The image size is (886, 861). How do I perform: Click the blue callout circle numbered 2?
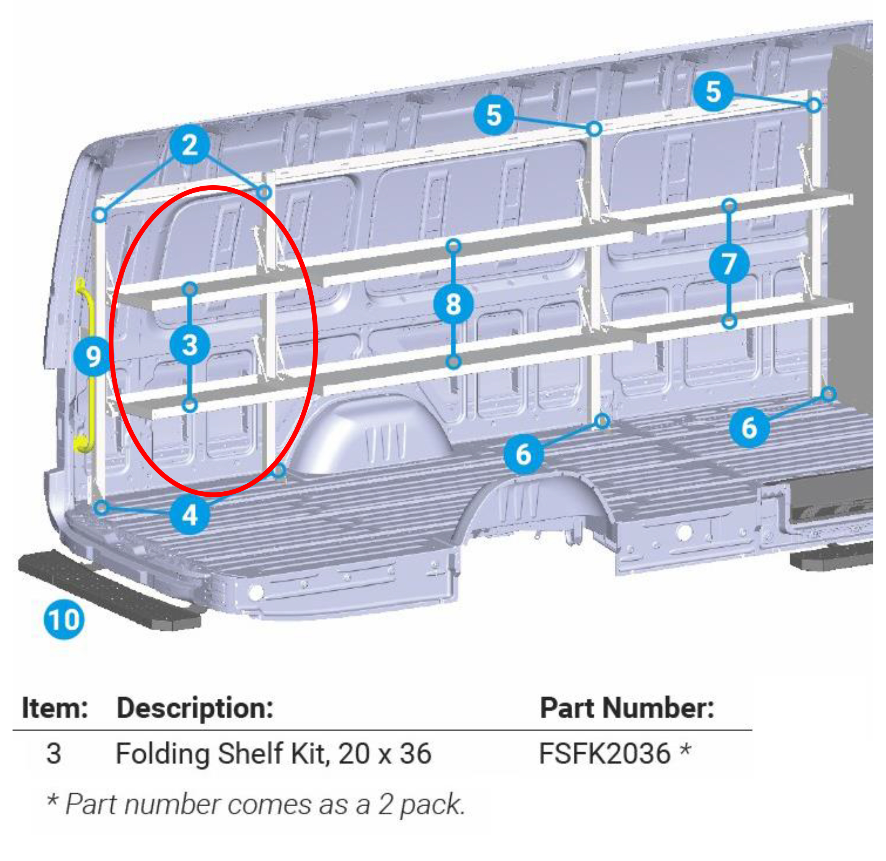(189, 145)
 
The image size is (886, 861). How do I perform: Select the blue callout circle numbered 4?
(189, 515)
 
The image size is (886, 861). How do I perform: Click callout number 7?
(729, 264)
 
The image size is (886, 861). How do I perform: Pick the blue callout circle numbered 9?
(93, 356)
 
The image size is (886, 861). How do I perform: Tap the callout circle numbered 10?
(64, 619)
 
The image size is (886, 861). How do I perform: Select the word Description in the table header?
(195, 708)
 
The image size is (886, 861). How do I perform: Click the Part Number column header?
(627, 708)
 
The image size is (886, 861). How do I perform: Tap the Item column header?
(55, 708)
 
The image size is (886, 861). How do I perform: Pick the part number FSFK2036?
(604, 754)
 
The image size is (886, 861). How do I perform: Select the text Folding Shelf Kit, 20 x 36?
(274, 754)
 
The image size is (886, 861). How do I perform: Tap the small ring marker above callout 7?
(729, 206)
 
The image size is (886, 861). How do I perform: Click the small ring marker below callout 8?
(453, 362)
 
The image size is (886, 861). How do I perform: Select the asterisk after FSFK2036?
(685, 751)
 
